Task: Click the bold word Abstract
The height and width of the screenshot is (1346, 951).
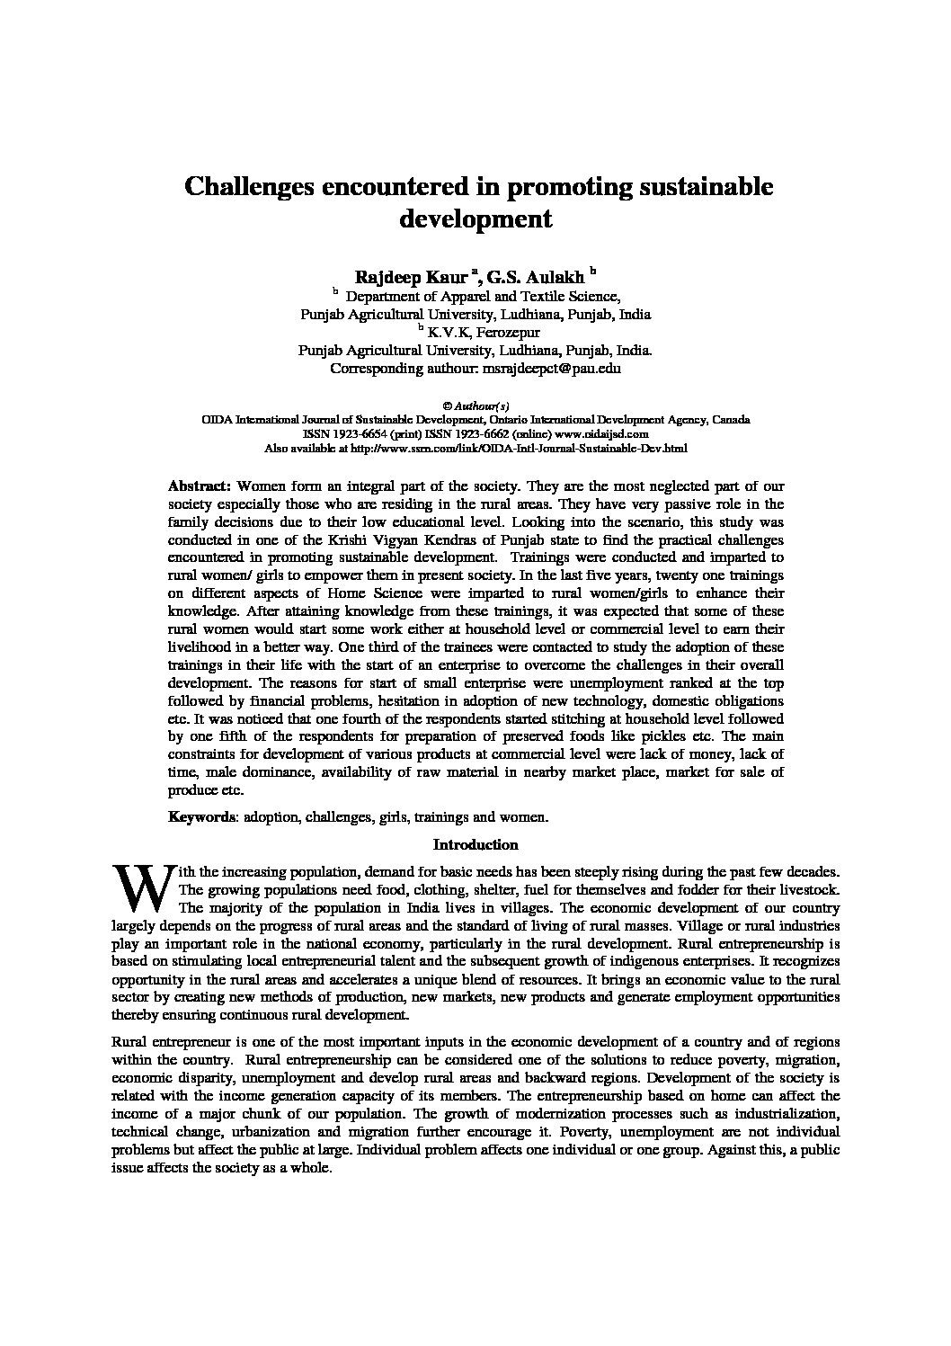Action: click(200, 486)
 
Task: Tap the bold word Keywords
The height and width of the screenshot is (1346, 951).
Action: click(201, 817)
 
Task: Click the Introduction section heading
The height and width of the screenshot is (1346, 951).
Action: click(475, 845)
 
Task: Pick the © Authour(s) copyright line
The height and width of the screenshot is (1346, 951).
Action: click(475, 406)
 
